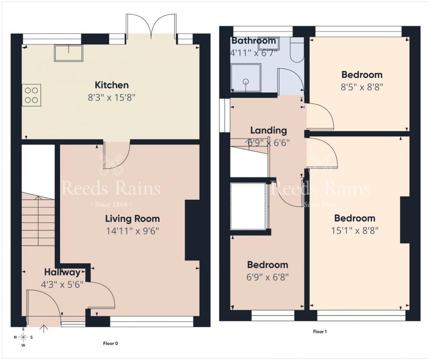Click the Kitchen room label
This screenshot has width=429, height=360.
pyautogui.click(x=112, y=85)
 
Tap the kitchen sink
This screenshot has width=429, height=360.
pyautogui.click(x=69, y=52)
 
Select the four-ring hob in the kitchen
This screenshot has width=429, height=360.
pyautogui.click(x=31, y=94)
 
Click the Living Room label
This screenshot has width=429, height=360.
pyautogui.click(x=132, y=219)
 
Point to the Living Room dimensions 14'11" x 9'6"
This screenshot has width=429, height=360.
pyautogui.click(x=132, y=231)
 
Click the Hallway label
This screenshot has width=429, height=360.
pyautogui.click(x=62, y=273)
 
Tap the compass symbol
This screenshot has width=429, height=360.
pyautogui.click(x=23, y=337)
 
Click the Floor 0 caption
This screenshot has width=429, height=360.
pyautogui.click(x=111, y=343)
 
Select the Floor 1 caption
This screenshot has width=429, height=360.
pyautogui.click(x=319, y=331)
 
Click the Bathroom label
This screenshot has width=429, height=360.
pyautogui.click(x=254, y=41)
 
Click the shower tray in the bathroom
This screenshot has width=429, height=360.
pyautogui.click(x=245, y=78)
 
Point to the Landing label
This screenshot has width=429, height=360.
pyautogui.click(x=268, y=130)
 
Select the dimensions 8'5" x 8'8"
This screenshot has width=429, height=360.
pyautogui.click(x=362, y=87)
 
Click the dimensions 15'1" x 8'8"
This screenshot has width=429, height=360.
pyautogui.click(x=355, y=231)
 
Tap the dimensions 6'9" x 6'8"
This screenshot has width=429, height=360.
pyautogui.click(x=267, y=277)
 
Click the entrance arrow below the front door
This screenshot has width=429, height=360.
pyautogui.click(x=46, y=328)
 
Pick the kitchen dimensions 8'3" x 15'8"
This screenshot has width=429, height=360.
pyautogui.click(x=112, y=98)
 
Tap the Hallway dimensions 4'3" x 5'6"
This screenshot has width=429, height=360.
pyautogui.click(x=62, y=284)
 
